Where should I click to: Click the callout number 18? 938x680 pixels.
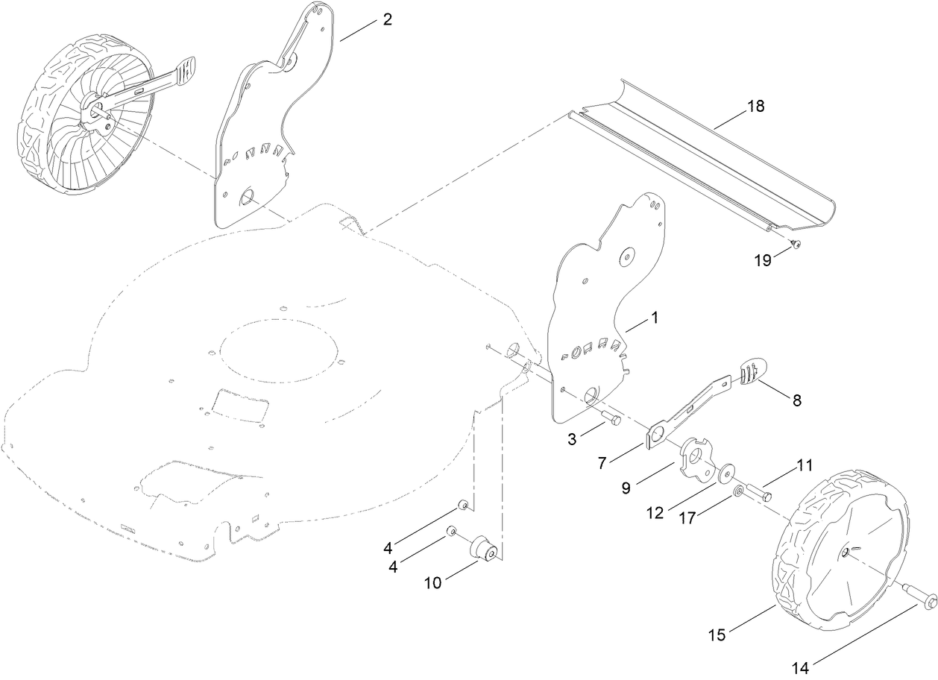[x=755, y=106]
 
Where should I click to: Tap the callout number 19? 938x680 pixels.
[x=762, y=260]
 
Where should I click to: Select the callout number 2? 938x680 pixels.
[x=387, y=19]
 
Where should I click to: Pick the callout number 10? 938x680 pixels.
[x=433, y=583]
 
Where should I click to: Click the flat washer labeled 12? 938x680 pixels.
[x=727, y=474]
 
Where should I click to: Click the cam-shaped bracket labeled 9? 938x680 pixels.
[x=695, y=459]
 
